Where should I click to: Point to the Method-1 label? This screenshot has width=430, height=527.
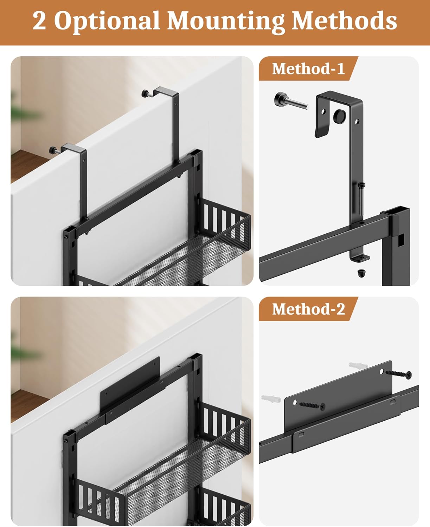click(308, 69)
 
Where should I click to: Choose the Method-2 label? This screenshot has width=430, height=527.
click(308, 309)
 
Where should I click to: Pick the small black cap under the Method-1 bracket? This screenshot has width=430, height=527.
click(361, 273)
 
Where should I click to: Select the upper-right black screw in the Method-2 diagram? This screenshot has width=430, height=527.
click(399, 374)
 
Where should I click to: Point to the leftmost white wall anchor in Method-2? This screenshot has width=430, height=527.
click(271, 399)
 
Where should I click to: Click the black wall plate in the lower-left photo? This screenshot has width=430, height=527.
click(130, 385)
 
